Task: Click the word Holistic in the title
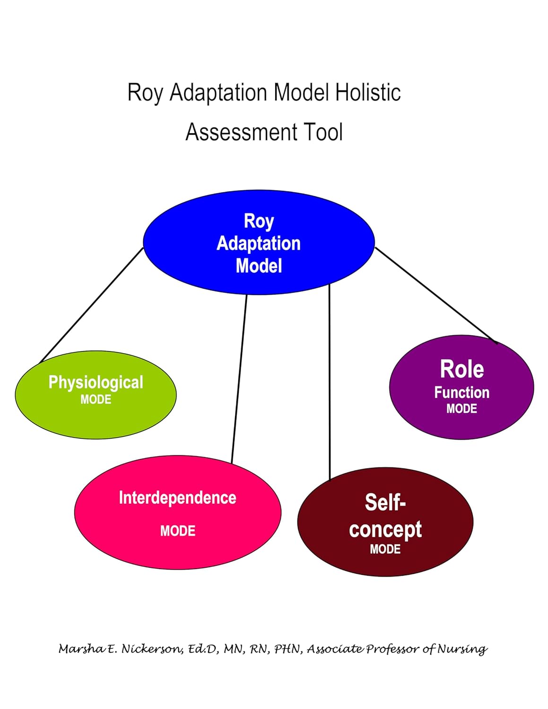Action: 368,92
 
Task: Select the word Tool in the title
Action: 324,132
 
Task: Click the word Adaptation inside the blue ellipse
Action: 259,243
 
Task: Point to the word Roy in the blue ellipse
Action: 259,221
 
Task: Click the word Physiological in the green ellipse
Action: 96,382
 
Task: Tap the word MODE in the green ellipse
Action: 96,400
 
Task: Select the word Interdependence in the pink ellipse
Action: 177,498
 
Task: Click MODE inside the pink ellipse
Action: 177,531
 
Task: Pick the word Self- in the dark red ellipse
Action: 385,502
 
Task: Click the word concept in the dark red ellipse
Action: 385,529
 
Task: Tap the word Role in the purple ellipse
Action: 461,369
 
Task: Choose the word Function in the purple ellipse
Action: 461,392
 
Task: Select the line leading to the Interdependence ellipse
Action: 239,378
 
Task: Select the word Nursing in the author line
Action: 462,649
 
